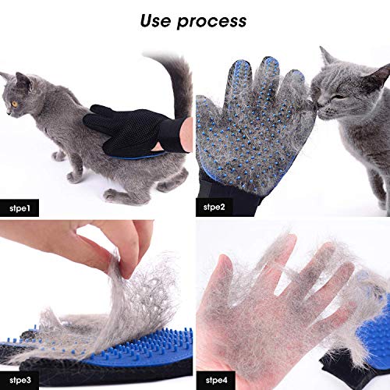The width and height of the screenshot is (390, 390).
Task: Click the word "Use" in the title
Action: click(158, 20)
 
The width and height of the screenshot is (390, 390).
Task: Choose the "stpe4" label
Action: click(216, 379)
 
